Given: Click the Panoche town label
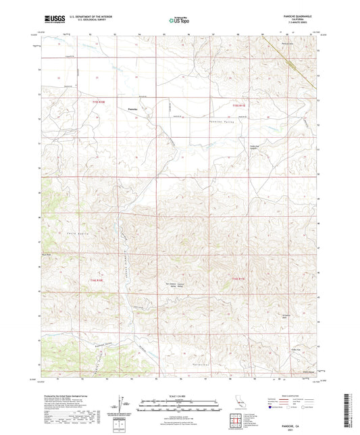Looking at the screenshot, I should click(x=132, y=109).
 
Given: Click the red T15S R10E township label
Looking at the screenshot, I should click(x=99, y=103).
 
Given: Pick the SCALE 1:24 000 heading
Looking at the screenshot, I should click(x=179, y=395).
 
